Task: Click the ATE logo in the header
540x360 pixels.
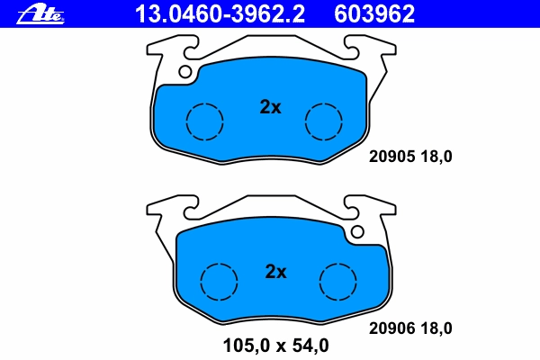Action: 40,13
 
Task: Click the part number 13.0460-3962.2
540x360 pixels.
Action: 220,14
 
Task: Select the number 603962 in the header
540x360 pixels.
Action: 374,14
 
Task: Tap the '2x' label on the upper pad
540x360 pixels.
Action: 270,107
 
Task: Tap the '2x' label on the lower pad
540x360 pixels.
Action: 276,272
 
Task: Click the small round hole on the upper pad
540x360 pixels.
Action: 184,72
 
